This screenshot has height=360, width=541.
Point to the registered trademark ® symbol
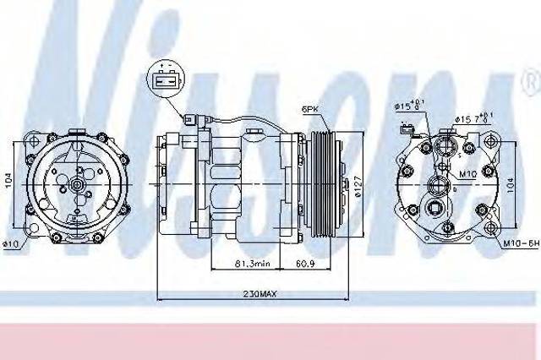pos(531,82)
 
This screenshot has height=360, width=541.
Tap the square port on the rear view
pos(439,210)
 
